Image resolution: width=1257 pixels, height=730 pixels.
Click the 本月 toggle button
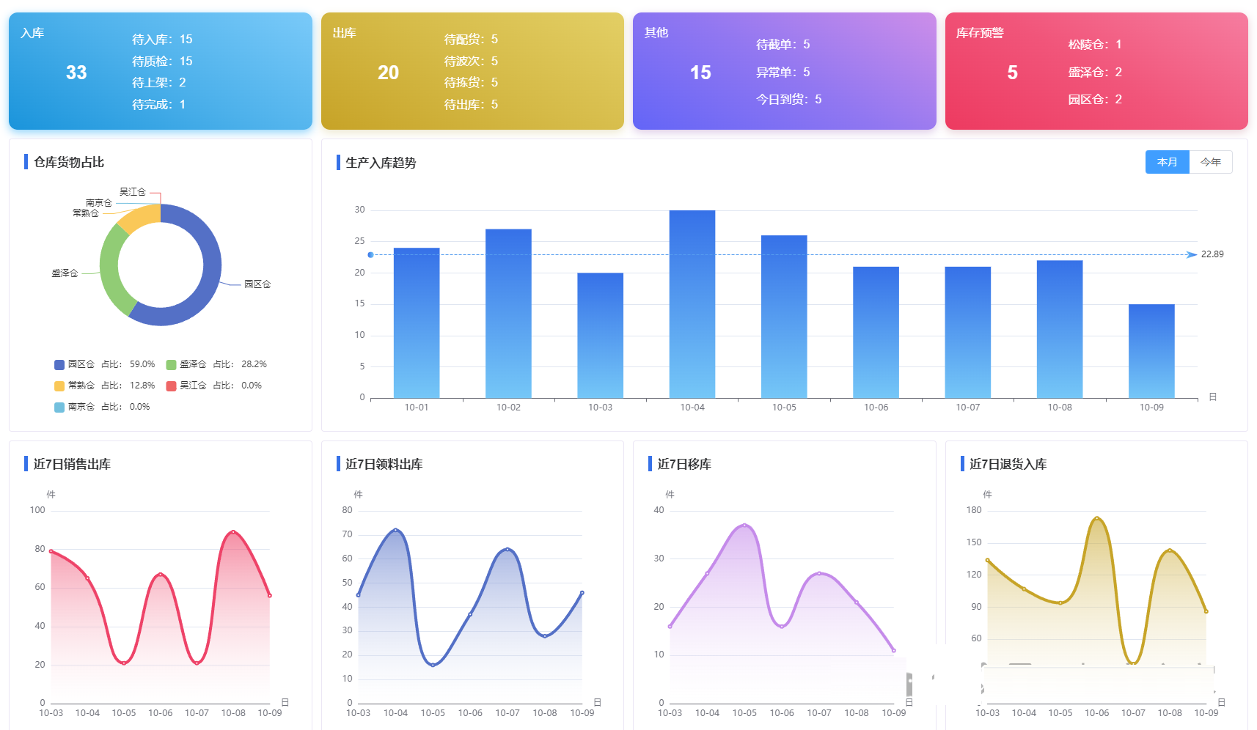point(1167,162)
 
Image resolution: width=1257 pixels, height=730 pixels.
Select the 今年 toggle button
point(1211,162)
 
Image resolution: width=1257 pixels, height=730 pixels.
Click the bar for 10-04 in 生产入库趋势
point(692,303)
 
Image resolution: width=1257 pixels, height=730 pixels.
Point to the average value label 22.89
point(1212,254)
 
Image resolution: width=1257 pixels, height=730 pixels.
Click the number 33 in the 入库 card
point(76,73)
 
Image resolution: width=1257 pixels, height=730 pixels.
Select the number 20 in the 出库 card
point(388,73)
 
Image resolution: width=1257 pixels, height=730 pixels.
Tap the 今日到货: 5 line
point(788,99)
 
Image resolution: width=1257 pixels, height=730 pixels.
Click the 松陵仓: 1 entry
point(1094,44)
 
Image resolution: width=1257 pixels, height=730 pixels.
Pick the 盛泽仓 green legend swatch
point(171,364)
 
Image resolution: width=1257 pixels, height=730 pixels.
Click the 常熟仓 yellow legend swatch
point(59,386)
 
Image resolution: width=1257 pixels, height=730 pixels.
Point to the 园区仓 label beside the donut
point(257,284)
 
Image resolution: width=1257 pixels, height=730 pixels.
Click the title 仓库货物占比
point(69,162)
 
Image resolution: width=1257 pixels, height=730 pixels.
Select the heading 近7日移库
point(684,464)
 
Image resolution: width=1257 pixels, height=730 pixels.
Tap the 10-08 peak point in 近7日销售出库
point(233,532)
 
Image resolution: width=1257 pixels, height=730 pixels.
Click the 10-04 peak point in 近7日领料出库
point(395,530)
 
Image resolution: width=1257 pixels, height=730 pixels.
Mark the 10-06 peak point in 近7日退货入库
point(1097,518)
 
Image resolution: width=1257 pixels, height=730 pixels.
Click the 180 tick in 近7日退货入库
point(973,510)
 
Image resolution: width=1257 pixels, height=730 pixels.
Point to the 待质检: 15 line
point(162,61)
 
